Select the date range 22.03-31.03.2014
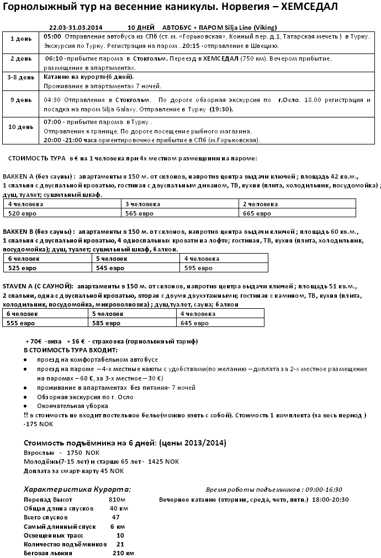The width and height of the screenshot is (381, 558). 76,27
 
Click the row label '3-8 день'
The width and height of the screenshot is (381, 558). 21,78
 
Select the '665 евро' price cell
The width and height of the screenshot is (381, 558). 257,213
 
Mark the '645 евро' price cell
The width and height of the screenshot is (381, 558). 194,323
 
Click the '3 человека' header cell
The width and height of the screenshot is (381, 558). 139,204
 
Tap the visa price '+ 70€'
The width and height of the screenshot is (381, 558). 34,341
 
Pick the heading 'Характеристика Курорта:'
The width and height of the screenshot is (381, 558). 77,489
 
